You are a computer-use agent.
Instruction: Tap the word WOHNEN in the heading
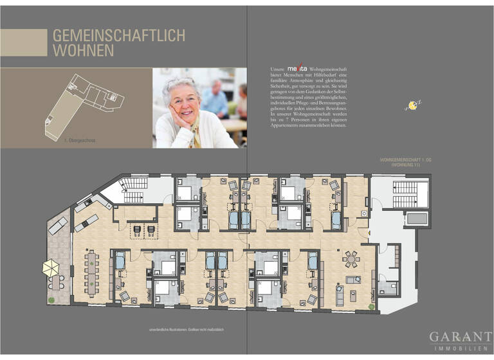83,50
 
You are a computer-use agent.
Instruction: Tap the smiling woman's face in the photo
182,102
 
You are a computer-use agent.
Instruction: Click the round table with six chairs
351,258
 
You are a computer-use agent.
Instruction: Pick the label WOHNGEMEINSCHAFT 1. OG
400,159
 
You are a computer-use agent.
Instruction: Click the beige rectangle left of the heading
24,42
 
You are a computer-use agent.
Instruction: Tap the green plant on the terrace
50,300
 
